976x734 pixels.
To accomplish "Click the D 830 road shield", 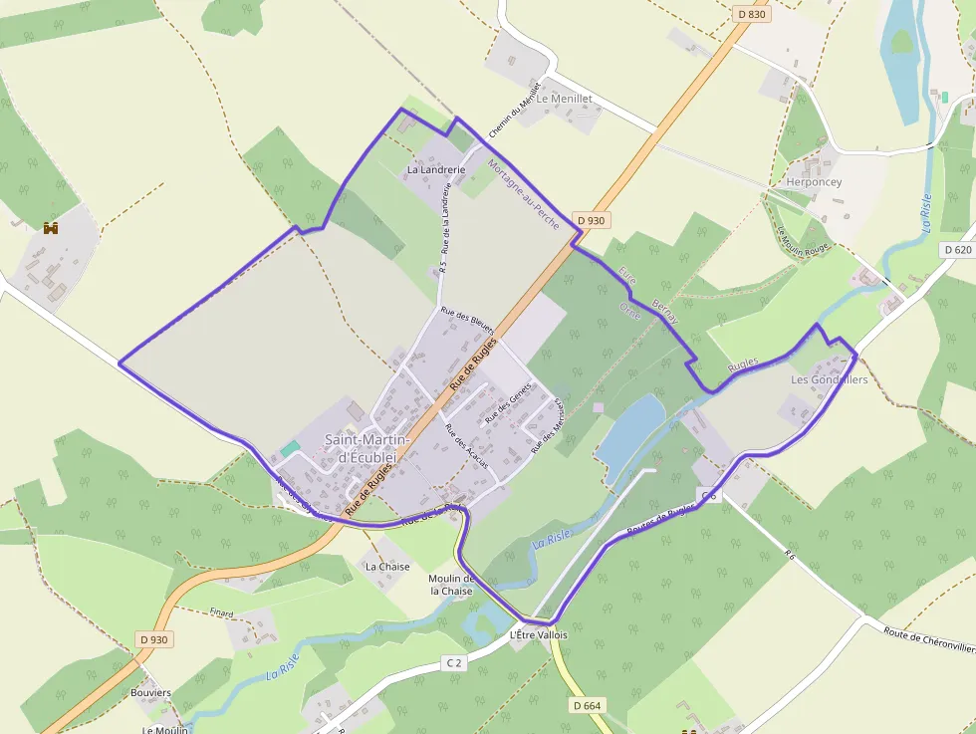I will (752, 14).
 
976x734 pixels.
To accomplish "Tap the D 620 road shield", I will (957, 251).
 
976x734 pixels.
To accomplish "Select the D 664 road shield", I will (588, 705).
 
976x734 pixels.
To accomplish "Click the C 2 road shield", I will (454, 662).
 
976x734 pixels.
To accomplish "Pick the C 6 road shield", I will (708, 495).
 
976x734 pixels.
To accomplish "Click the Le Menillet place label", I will (565, 99).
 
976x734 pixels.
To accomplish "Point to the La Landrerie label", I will (436, 170).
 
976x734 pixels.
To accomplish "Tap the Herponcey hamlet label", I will (814, 182).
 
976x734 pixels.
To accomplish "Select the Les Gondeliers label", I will (829, 379).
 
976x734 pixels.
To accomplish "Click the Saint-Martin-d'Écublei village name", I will (361, 447).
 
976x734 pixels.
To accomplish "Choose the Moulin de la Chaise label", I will (451, 585).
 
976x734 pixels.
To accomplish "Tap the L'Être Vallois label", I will (538, 634).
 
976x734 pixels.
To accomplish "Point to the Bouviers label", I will (151, 692).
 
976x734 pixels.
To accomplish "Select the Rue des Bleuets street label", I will (468, 322).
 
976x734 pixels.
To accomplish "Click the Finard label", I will (221, 612).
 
